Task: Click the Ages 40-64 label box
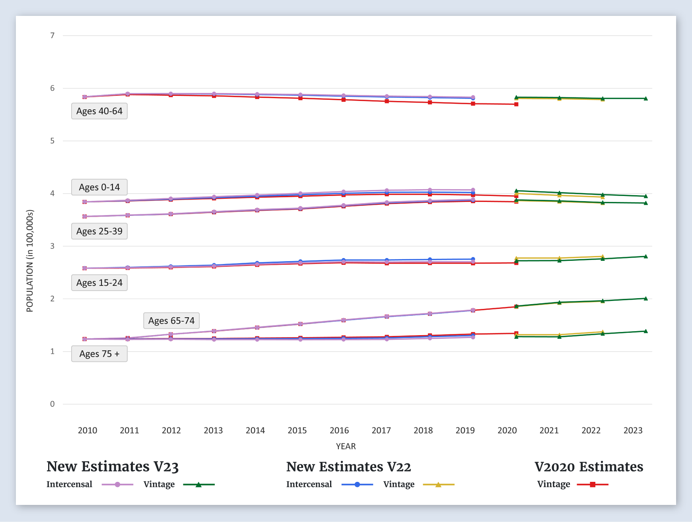click(99, 111)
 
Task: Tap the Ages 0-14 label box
click(99, 187)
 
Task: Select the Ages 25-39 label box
click(99, 231)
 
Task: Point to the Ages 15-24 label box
click(99, 283)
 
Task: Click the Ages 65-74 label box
click(171, 321)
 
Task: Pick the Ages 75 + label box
click(99, 354)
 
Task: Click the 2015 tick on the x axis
click(297, 430)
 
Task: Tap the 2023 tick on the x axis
click(633, 430)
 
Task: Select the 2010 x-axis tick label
click(87, 430)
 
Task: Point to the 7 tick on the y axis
click(52, 36)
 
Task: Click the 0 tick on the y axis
click(52, 404)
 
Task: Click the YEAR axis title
click(346, 446)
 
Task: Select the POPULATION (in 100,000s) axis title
click(30, 261)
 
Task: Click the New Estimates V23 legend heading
click(113, 467)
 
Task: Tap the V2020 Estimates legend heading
click(589, 467)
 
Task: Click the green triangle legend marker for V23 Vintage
click(198, 485)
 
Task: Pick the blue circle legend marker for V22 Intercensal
click(357, 485)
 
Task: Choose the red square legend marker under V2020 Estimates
click(592, 485)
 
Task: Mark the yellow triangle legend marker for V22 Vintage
click(438, 485)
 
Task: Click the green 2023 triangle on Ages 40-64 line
click(645, 99)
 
